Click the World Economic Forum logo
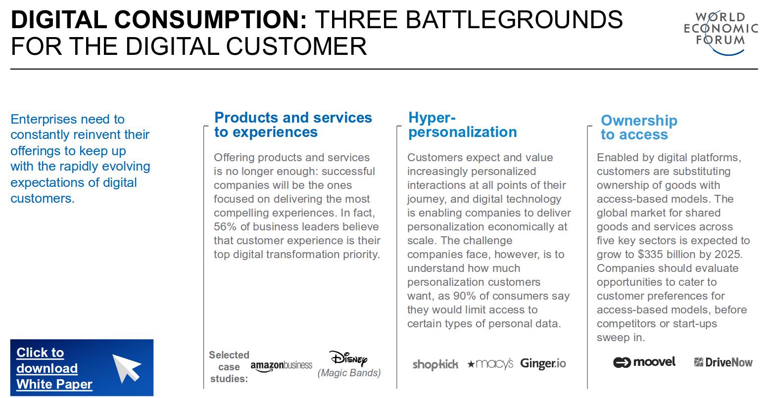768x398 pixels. click(x=720, y=33)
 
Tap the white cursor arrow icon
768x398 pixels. click(x=126, y=368)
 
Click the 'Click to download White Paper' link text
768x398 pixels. click(x=54, y=368)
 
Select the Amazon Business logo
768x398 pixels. click(x=281, y=366)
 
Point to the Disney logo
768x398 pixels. click(x=348, y=358)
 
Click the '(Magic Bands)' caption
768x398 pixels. click(x=349, y=373)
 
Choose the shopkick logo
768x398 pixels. click(x=435, y=364)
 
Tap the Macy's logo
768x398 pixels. click(x=490, y=364)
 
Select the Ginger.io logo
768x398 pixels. click(x=543, y=363)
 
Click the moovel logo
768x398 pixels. click(x=644, y=362)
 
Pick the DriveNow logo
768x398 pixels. click(x=723, y=362)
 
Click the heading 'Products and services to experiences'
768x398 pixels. click(x=293, y=125)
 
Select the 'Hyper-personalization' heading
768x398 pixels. click(x=463, y=125)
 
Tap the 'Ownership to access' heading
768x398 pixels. click(x=639, y=128)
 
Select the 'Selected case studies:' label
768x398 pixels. click(x=229, y=367)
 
